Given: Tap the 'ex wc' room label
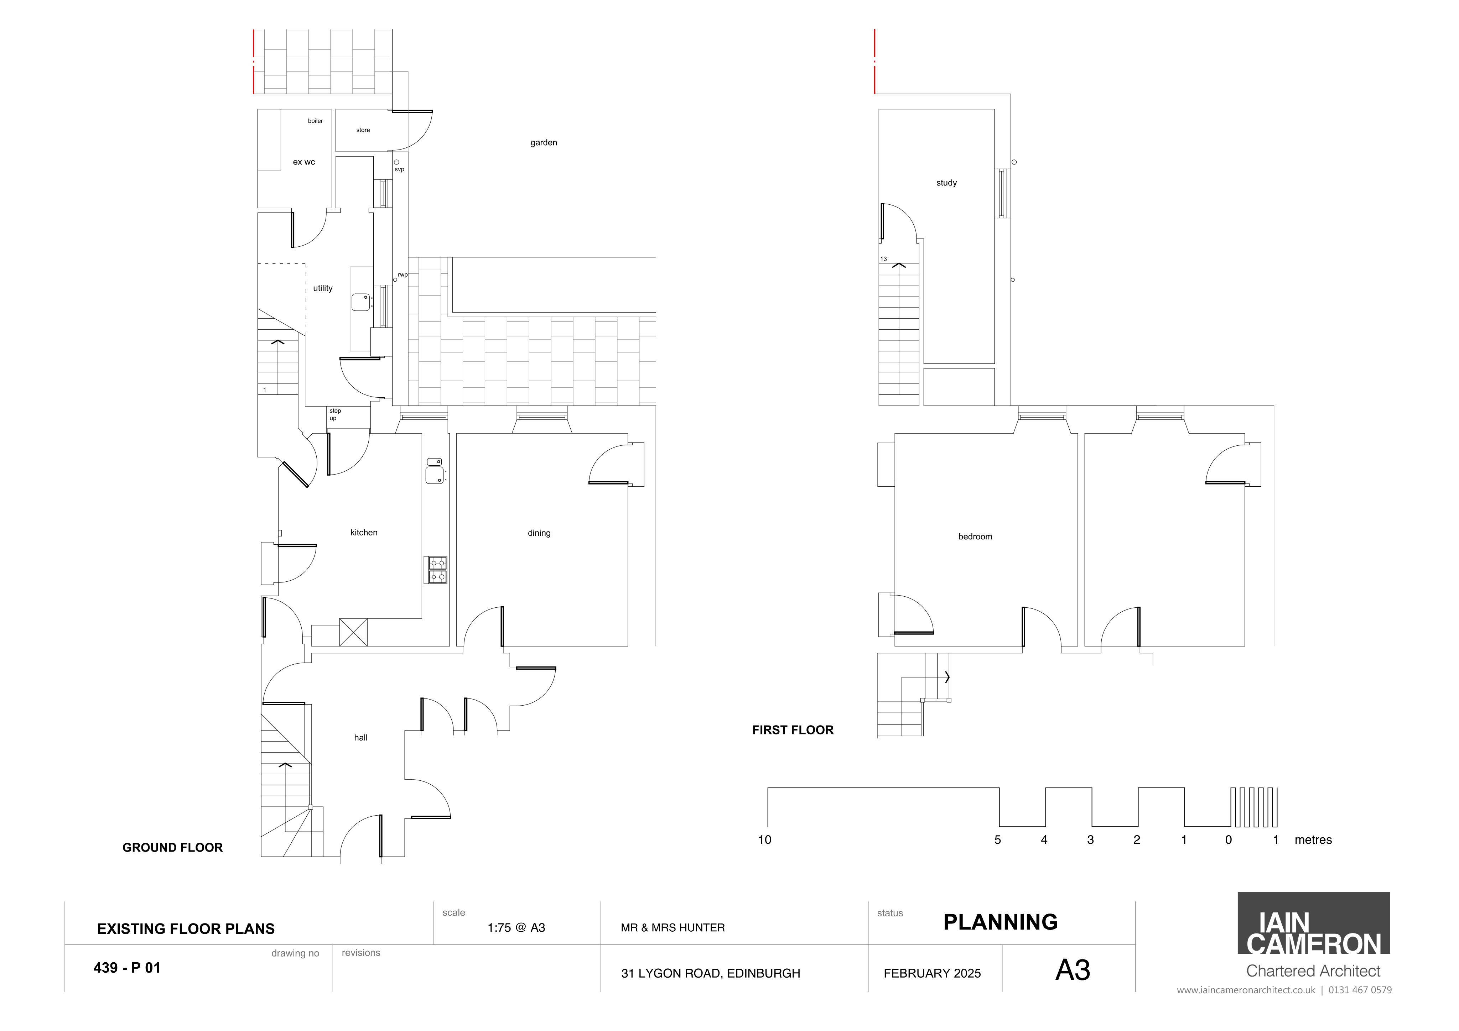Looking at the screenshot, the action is point(304,162).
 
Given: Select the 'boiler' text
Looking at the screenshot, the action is point(315,121).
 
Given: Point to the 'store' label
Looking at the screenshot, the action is point(363,130).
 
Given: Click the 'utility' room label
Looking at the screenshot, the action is point(323,288).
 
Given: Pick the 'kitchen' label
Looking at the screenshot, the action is point(364,532).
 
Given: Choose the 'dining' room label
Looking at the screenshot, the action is point(539,533).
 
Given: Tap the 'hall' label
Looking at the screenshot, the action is point(361,738).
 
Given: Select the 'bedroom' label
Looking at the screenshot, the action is point(975,537).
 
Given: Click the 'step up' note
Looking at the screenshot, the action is point(335,414).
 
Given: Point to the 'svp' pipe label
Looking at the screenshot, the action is point(399,169).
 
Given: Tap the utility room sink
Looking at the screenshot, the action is point(361,302).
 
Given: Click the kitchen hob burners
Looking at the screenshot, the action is point(437,570).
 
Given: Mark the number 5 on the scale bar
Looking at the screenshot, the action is point(998,840).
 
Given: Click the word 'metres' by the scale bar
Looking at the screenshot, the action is point(1313,840).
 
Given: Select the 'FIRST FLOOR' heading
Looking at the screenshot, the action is point(793,730).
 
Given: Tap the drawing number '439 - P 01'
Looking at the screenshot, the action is point(127,968).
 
